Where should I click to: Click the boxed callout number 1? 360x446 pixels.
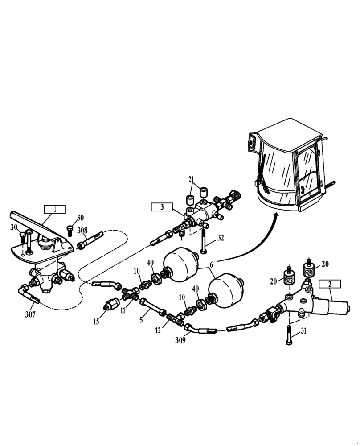pyautogui.click(x=54, y=209)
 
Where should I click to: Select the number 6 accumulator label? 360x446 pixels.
pyautogui.click(x=211, y=265)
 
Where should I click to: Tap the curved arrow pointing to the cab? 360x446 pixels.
pyautogui.click(x=250, y=241)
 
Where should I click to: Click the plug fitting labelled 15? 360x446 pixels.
pyautogui.click(x=111, y=306)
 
